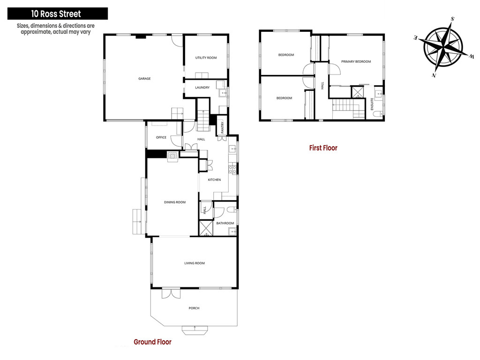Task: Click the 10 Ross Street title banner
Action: coord(58,14)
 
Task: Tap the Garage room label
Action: coord(144,79)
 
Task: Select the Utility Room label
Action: coord(206,58)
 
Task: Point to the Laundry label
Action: coord(202,88)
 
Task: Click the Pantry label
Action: coord(223,127)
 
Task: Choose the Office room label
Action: coord(161,137)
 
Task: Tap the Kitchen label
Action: coord(214,180)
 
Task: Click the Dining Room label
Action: coord(175,202)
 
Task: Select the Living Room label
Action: coord(195,263)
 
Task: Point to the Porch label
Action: coord(194,308)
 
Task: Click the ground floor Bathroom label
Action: coord(225,223)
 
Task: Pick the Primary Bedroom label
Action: coord(356,61)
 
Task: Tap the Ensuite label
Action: coord(372,104)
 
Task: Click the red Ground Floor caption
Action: coord(152,342)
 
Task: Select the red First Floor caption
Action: coord(323,148)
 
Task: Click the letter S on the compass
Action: coord(452,19)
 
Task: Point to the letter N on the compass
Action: coord(434,75)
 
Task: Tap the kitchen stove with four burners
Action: coord(232,169)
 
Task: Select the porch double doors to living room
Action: coord(171,293)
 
